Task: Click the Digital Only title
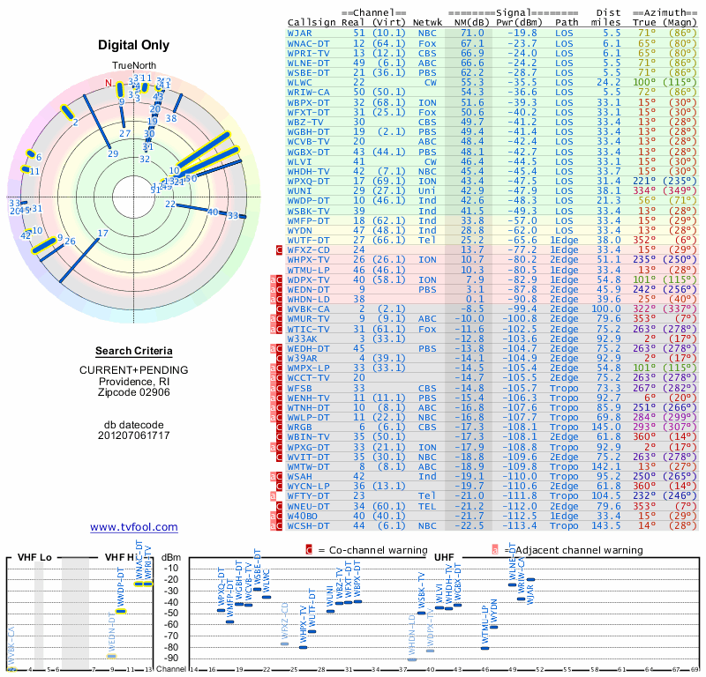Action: pyautogui.click(x=132, y=44)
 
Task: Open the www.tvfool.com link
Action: pyautogui.click(x=133, y=527)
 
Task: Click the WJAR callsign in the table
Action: pyautogui.click(x=299, y=33)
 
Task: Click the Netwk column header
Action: pyautogui.click(x=429, y=23)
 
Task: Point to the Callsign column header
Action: pyautogui.click(x=312, y=23)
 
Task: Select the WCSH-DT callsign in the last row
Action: pyautogui.click(x=308, y=526)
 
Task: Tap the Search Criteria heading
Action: pyautogui.click(x=132, y=351)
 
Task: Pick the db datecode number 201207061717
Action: pyautogui.click(x=132, y=435)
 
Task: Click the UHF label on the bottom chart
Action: pyautogui.click(x=444, y=557)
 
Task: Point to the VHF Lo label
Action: pyautogui.click(x=34, y=558)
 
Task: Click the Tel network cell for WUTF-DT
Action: pyautogui.click(x=427, y=240)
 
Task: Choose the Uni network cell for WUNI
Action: pyautogui.click(x=427, y=190)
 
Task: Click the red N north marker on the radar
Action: pyautogui.click(x=109, y=84)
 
